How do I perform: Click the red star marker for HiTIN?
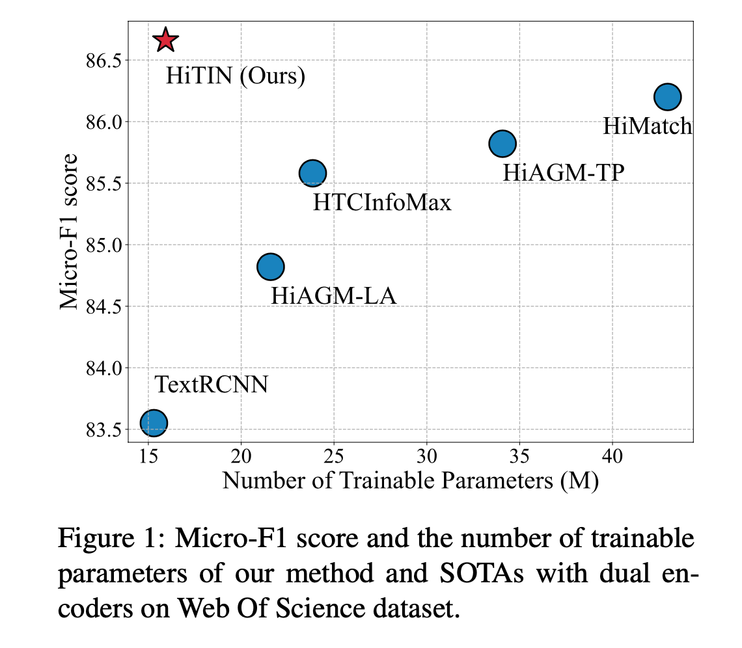[x=166, y=40]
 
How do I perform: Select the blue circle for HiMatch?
[x=667, y=97]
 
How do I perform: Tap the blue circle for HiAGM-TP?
[x=502, y=143]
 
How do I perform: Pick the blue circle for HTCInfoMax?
[x=312, y=173]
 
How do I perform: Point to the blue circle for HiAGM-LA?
[x=270, y=266]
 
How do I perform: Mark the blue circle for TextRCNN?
[x=154, y=423]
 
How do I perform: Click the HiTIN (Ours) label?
[x=236, y=76]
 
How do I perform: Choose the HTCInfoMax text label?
[x=381, y=203]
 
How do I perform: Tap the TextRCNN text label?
[x=211, y=385]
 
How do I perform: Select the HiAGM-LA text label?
[x=333, y=296]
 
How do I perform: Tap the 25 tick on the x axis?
[x=333, y=455]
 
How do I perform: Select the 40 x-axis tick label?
[x=612, y=455]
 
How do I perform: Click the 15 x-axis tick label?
[x=148, y=455]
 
